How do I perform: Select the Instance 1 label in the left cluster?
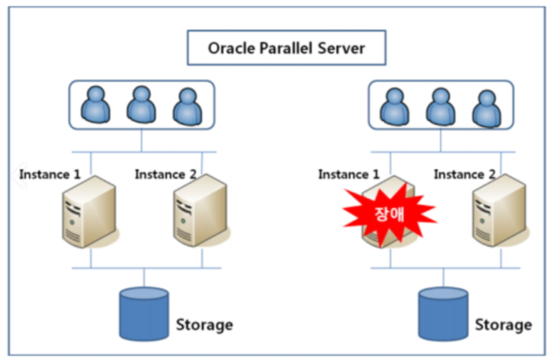coord(50,175)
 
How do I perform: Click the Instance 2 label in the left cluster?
coord(165,175)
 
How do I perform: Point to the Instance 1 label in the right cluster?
coord(349,175)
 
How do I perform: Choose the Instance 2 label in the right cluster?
coord(464,175)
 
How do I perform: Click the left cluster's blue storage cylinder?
coord(143,313)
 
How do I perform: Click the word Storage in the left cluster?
coord(204,324)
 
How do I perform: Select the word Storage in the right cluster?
coord(503,324)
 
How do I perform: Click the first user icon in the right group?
coord(395,106)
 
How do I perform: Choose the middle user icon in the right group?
coord(441,106)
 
